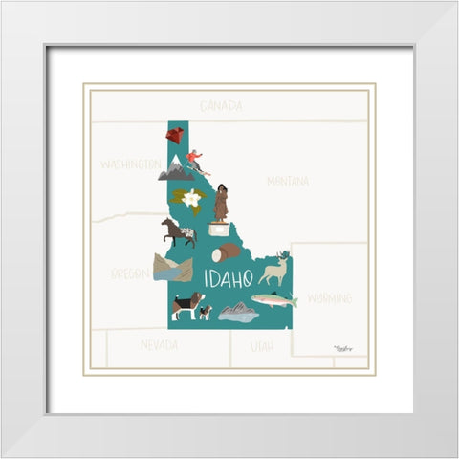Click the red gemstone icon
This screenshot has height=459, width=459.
(x=174, y=136)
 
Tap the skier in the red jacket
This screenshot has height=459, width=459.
(x=196, y=162)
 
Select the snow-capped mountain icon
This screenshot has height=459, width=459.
(x=176, y=170)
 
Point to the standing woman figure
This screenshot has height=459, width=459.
(x=221, y=202)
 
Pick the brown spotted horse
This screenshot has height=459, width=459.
(x=179, y=231)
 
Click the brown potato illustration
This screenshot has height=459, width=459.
(x=228, y=252)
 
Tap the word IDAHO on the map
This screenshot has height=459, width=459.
(x=228, y=278)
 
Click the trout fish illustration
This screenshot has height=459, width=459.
(x=275, y=300)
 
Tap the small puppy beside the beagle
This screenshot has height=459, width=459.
(x=205, y=312)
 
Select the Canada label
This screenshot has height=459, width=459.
(x=221, y=105)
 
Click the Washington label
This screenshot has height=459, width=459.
(x=130, y=164)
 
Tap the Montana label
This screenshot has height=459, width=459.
(x=287, y=181)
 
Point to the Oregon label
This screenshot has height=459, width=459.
(x=131, y=273)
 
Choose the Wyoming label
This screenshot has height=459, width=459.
(x=329, y=298)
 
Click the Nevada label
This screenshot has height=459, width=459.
(x=159, y=344)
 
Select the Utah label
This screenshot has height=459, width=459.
(x=261, y=345)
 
